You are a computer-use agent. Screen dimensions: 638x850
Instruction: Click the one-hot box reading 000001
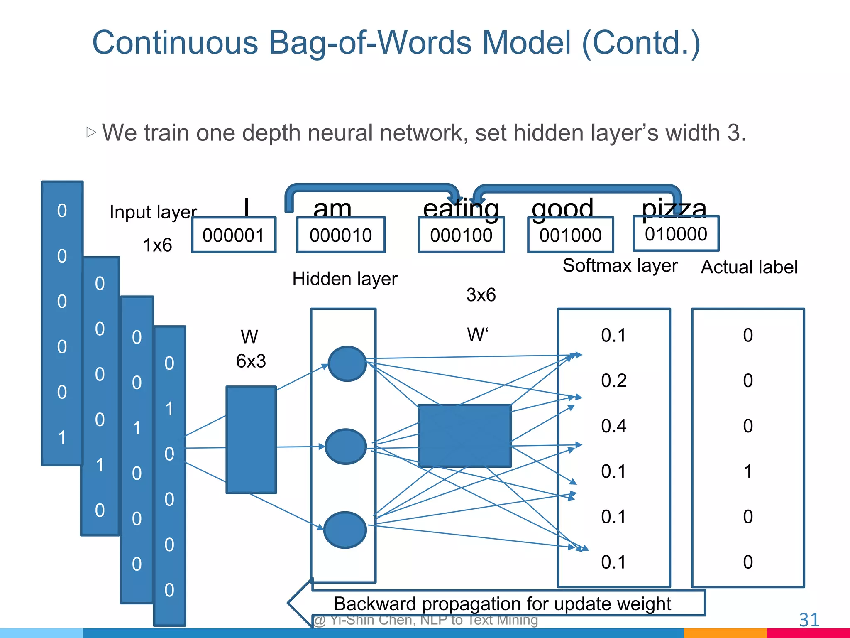(234, 235)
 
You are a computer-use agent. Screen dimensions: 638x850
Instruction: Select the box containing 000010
(341, 235)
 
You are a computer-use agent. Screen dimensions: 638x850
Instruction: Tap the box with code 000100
(461, 235)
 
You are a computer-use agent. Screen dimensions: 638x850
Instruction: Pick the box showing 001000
(570, 235)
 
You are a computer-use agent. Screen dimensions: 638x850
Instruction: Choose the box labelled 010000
(676, 234)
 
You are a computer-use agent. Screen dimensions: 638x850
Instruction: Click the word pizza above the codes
(674, 208)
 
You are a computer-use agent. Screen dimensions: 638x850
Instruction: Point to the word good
(562, 208)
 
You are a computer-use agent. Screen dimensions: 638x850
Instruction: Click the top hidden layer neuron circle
(347, 364)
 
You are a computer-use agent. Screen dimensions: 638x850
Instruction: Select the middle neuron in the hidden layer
(346, 447)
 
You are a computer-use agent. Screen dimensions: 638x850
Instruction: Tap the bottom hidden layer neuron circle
(345, 530)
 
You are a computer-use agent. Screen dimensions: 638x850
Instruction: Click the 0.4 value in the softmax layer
(613, 426)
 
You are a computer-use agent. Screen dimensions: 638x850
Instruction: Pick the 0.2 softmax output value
(613, 380)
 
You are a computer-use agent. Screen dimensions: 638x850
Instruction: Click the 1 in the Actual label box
(747, 471)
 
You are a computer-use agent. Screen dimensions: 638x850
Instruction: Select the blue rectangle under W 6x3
(251, 440)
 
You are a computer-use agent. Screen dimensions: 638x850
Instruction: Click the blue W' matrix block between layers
(464, 436)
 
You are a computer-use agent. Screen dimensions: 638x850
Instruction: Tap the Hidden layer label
(344, 279)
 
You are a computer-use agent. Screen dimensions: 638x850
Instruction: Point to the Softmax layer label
(620, 265)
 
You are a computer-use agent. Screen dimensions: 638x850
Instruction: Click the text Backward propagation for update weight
(502, 604)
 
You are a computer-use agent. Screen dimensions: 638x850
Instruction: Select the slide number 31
(809, 620)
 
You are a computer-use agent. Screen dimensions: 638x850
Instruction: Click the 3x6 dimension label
(481, 295)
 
